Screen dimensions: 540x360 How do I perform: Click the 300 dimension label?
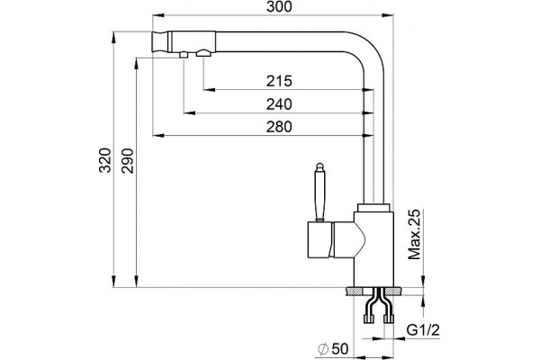click(x=279, y=6)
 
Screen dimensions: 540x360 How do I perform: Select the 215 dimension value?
click(x=279, y=81)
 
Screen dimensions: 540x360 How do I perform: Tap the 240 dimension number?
click(x=279, y=104)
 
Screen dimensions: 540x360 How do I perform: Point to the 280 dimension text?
click(x=279, y=127)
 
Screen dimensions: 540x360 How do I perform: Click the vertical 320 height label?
click(x=105, y=160)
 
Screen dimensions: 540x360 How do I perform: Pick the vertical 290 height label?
click(x=128, y=160)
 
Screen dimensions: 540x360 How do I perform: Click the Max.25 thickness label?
click(x=414, y=234)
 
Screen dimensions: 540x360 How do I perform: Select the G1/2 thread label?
click(x=423, y=330)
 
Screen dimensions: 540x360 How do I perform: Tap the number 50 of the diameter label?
click(x=340, y=349)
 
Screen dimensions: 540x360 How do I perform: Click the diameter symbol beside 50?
click(x=323, y=349)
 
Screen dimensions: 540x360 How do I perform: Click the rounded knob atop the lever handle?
click(x=319, y=167)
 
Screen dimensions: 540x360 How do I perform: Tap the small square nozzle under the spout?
click(x=184, y=55)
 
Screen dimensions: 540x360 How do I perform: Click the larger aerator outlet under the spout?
click(x=203, y=53)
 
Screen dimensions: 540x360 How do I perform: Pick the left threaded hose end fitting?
click(x=369, y=319)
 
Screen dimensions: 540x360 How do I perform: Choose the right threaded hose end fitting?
click(x=389, y=319)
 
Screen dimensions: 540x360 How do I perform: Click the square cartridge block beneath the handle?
click(x=319, y=239)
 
